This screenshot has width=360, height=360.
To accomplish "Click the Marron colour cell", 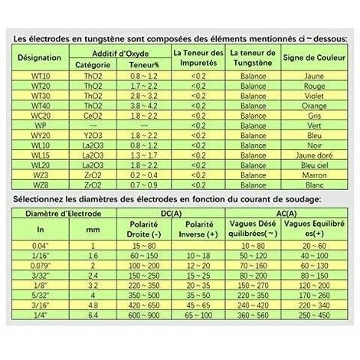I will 313,174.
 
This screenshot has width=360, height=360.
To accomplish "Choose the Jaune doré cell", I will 313,154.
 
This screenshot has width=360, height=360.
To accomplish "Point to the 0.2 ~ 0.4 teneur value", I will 145,174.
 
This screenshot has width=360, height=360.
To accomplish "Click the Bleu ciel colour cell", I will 313,164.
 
